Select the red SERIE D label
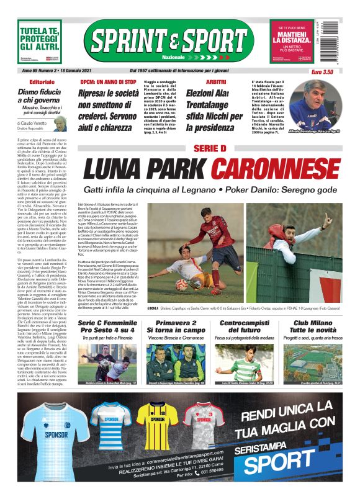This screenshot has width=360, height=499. (x=210, y=148)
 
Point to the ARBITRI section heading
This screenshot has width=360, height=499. (x=215, y=82)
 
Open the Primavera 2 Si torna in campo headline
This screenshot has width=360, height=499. (x=176, y=328)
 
